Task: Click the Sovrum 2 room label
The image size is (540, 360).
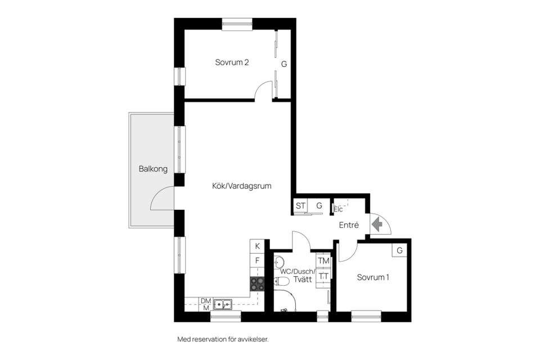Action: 232,62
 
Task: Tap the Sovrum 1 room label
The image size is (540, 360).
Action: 373,277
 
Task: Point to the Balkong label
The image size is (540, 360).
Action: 153,169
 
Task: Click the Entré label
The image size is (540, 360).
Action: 349,225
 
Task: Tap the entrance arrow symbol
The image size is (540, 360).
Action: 379,224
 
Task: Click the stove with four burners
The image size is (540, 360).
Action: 257,284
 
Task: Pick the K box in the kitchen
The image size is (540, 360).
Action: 257,246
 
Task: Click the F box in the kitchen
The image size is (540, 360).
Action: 257,260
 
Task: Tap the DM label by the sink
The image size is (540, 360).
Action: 205,301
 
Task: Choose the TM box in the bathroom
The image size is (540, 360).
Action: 323,261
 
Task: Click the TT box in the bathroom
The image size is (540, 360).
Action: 323,276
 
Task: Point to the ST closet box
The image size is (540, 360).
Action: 300,206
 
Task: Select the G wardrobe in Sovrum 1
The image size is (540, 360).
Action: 399,250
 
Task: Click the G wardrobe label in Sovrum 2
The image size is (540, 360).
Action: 284,64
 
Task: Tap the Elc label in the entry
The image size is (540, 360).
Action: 339,209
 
